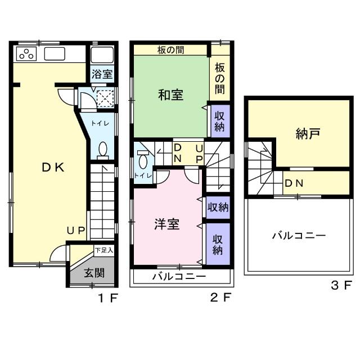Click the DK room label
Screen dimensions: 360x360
[x=53, y=167]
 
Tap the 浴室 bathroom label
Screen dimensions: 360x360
[x=102, y=74]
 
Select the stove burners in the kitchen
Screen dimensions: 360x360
[x=26, y=54]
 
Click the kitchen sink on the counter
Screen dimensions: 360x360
[x=55, y=54]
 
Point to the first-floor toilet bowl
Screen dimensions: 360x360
[x=103, y=149]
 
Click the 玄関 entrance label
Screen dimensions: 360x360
[x=94, y=273]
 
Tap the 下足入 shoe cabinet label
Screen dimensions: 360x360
[x=104, y=250]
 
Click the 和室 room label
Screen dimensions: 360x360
[x=170, y=94]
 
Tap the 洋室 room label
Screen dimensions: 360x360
[x=167, y=223]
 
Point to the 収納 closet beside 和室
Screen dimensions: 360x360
[x=219, y=119]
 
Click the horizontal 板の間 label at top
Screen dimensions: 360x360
[x=170, y=49]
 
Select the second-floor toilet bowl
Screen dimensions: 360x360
[x=142, y=160]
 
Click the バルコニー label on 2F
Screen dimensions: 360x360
[x=179, y=277]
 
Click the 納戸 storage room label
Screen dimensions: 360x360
[x=308, y=133]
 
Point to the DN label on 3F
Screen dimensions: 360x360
[x=294, y=183]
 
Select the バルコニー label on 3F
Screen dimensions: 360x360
[x=298, y=236]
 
